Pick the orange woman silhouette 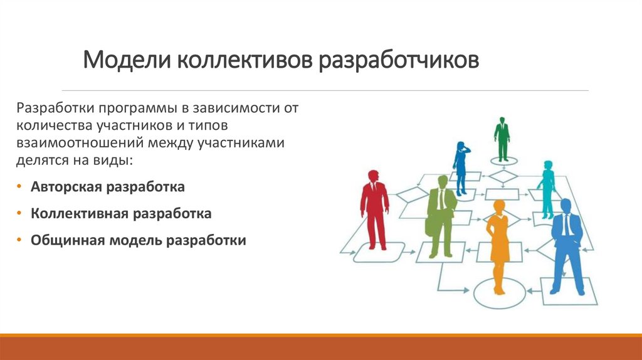498,245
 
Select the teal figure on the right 547,188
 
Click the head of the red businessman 374,176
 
